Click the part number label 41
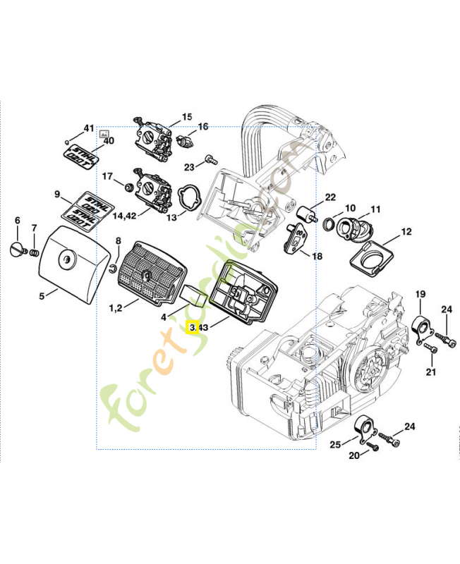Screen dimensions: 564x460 [x=88, y=128]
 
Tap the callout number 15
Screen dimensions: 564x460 [x=187, y=117]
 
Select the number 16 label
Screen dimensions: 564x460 [x=203, y=127]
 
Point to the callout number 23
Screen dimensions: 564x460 [x=189, y=167]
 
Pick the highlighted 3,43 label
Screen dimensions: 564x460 [x=198, y=327]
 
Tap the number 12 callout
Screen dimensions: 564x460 [x=406, y=231]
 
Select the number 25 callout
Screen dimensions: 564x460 [x=335, y=444]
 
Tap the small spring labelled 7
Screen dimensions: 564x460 [x=32, y=250]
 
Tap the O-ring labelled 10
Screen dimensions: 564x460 [x=329, y=224]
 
